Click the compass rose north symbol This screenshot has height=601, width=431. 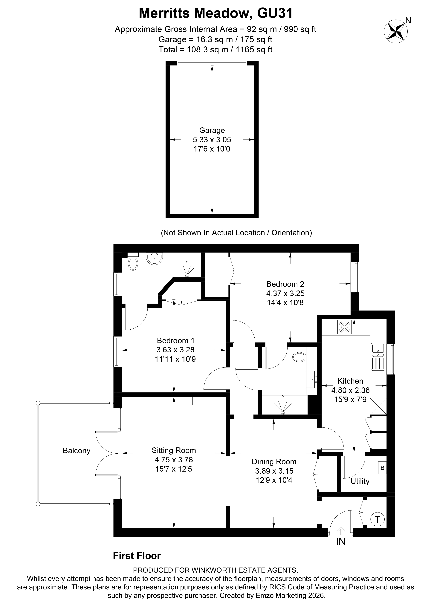click(396, 31)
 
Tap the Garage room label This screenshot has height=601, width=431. click(212, 130)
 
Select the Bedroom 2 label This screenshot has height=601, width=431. click(285, 284)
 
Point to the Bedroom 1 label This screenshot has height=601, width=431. click(175, 340)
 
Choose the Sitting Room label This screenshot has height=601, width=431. click(174, 450)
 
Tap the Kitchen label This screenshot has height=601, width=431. click(350, 381)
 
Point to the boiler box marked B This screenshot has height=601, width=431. click(382, 468)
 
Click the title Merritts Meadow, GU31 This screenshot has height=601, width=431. click(215, 13)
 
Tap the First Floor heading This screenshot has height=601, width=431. click(137, 556)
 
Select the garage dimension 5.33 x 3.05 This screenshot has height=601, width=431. click(212, 140)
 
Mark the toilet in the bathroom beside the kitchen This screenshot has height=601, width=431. click(299, 357)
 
